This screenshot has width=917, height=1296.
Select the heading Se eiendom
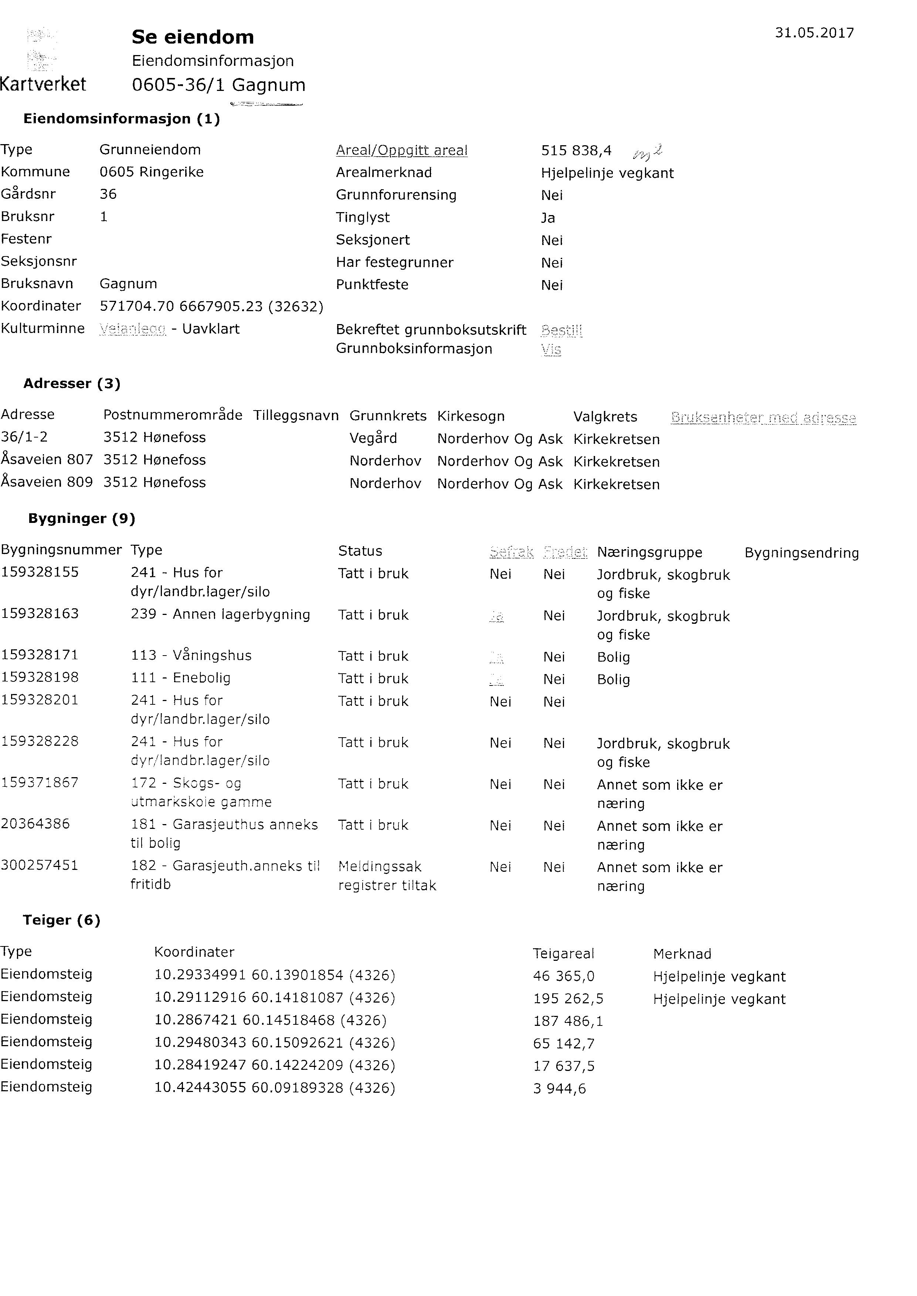(x=193, y=37)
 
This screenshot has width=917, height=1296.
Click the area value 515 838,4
(x=576, y=151)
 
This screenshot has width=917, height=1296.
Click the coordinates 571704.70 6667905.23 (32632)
(x=211, y=306)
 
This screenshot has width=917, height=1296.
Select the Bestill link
(x=561, y=330)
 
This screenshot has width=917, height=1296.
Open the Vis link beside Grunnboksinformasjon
(x=551, y=350)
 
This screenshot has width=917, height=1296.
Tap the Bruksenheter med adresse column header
(x=763, y=418)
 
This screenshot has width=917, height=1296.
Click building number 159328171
(x=40, y=655)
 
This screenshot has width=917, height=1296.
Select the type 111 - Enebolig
(x=181, y=678)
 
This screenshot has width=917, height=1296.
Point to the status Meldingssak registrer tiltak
(x=387, y=875)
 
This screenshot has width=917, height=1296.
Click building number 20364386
(x=35, y=824)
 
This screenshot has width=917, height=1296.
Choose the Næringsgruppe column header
(x=649, y=552)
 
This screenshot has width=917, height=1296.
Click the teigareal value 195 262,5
(x=568, y=999)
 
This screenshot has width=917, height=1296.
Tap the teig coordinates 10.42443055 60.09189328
(x=274, y=1088)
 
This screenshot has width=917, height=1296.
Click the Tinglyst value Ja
(x=548, y=218)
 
